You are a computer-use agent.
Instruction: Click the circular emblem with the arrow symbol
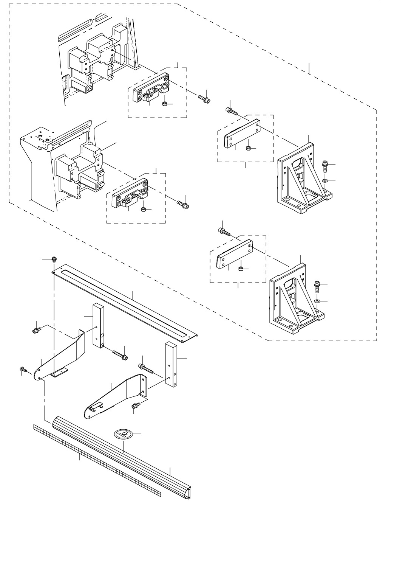[x=123, y=434]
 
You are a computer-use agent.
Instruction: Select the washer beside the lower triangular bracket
[x=317, y=301]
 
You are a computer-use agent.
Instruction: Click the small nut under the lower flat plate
[x=240, y=269]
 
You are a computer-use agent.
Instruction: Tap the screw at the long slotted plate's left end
[x=54, y=259]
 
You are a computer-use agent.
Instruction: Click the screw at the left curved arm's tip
[x=23, y=369]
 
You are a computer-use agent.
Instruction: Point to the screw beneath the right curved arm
[x=135, y=406]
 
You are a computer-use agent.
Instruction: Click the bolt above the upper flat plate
[x=231, y=111]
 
